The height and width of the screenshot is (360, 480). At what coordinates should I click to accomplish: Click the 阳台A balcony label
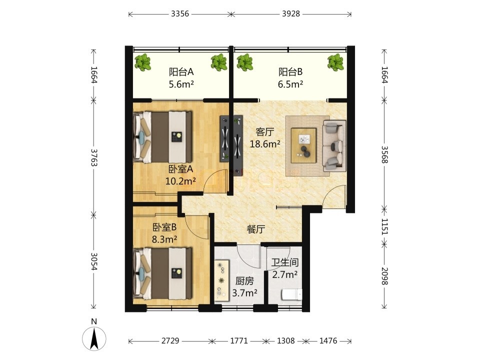click(181, 72)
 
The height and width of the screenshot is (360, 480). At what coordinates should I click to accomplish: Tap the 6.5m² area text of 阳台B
click(290, 84)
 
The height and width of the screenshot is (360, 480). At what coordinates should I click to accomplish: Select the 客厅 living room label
click(265, 132)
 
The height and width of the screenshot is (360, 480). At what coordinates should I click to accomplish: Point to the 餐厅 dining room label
click(256, 229)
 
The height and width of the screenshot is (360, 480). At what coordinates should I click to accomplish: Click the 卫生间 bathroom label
click(285, 262)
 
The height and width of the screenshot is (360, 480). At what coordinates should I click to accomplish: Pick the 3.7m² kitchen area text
click(244, 293)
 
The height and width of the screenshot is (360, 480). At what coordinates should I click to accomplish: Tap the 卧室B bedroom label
click(164, 227)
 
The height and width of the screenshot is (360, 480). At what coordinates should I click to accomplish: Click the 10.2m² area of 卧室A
click(180, 181)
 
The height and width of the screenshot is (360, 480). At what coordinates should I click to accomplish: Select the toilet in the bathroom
click(291, 295)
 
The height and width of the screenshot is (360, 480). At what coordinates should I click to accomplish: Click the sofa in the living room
click(334, 145)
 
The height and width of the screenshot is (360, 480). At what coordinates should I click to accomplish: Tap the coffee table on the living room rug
click(303, 145)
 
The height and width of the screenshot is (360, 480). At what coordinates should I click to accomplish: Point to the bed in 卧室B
click(163, 273)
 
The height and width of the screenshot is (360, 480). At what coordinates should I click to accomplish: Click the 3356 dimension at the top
click(180, 14)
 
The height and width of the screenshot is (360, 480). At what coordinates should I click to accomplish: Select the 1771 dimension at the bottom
click(239, 340)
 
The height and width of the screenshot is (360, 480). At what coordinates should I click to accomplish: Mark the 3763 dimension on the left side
click(94, 157)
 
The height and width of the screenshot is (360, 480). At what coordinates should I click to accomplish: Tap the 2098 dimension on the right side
click(384, 276)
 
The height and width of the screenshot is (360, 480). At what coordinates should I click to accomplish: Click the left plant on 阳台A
click(143, 62)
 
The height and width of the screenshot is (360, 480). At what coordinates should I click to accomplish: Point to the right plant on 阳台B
click(335, 62)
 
